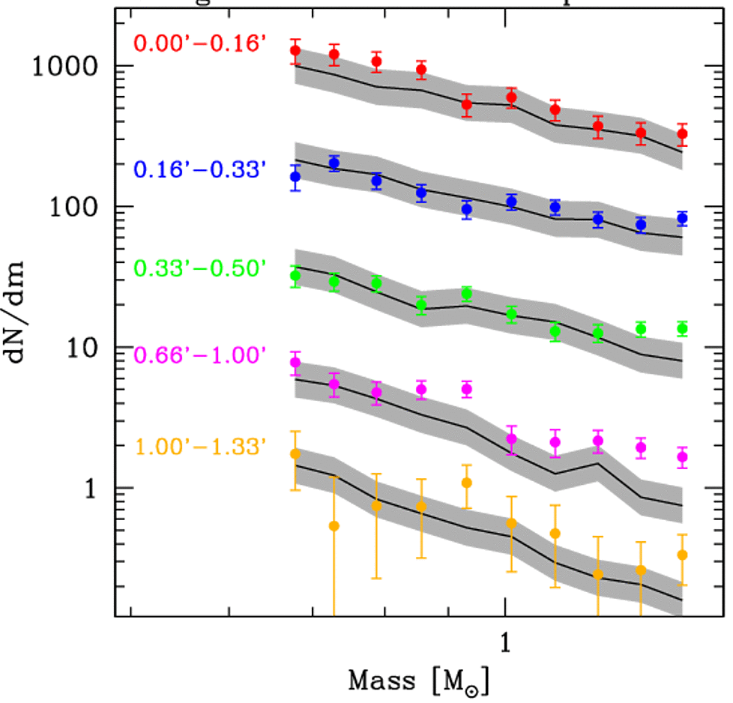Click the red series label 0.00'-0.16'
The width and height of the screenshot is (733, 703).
pos(199,43)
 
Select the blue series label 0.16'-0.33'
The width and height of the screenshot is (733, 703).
pos(199,169)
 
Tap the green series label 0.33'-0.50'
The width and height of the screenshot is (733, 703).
pos(199,268)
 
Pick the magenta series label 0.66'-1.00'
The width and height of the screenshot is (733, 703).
pos(199,355)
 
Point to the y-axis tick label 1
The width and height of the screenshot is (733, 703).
pos(95,488)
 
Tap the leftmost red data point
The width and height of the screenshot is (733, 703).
pos(295,51)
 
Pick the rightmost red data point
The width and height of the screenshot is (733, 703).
pos(682,135)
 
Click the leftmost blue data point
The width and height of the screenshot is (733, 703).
pos(295,178)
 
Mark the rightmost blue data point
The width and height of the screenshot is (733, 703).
pos(682,219)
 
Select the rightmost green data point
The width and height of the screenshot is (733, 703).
pos(682,328)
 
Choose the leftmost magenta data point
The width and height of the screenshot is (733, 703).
pos(295,363)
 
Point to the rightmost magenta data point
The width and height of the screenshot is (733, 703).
pos(682,457)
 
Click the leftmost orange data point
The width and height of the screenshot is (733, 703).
pos(295,454)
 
